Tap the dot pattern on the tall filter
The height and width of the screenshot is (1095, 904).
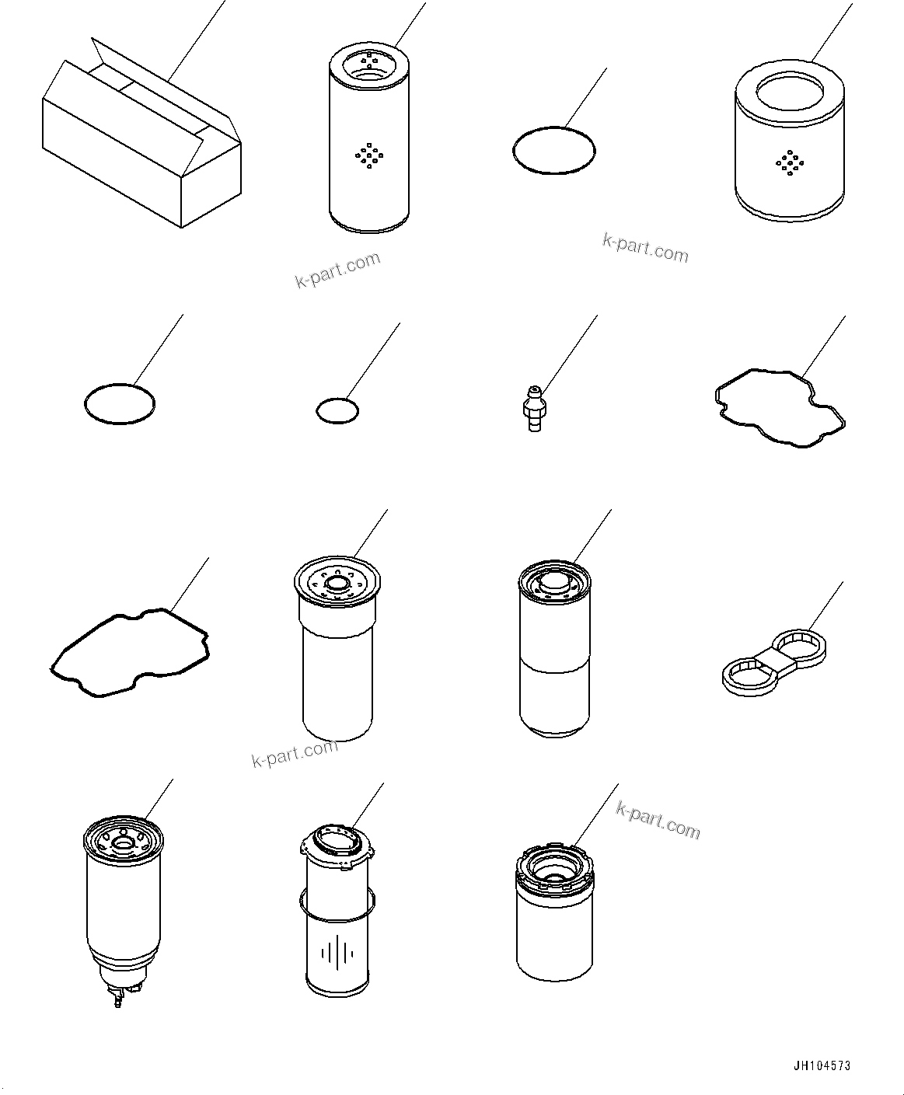click(368, 155)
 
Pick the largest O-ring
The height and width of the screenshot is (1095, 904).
click(554, 150)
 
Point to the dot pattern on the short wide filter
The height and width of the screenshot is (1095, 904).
click(789, 162)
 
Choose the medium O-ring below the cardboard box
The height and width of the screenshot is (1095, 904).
click(119, 404)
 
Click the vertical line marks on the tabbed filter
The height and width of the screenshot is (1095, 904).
click(337, 953)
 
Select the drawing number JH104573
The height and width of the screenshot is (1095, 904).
click(821, 1065)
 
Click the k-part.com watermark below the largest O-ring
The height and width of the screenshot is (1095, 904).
click(645, 249)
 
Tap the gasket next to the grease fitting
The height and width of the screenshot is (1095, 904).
click(780, 408)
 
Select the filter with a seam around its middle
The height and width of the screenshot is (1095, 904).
click(554, 653)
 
